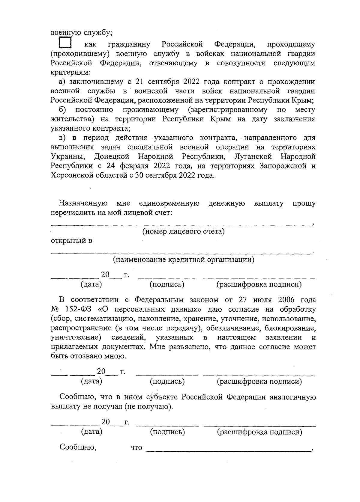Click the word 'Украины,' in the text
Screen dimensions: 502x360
tap(68, 156)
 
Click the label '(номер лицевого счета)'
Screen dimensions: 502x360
tap(183, 231)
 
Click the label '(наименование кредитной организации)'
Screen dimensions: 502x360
tap(183, 259)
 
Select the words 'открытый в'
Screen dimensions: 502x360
tap(71, 241)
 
